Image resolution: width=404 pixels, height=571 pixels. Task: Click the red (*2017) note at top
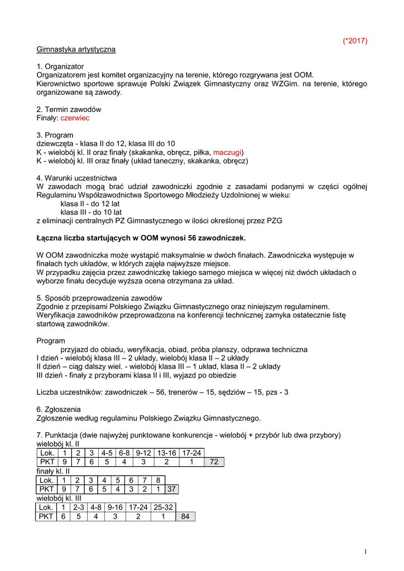[354, 41]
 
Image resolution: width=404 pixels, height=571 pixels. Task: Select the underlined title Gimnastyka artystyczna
[76, 49]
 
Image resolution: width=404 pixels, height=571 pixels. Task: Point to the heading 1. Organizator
[60, 66]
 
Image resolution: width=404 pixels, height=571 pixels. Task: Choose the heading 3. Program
[55, 136]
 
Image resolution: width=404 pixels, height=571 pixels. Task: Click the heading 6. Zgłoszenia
[59, 409]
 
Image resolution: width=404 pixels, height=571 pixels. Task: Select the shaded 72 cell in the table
[214, 462]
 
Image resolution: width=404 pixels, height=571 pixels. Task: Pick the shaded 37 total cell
[172, 489]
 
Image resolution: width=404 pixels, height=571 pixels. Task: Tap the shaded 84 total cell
[185, 516]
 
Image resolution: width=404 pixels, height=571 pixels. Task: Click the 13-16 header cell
[166, 453]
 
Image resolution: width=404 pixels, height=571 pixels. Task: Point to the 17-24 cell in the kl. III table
[137, 507]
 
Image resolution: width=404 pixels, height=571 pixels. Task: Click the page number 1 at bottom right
[365, 552]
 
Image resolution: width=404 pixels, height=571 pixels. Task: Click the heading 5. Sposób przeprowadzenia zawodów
[99, 298]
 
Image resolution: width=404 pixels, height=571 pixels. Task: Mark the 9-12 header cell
[143, 453]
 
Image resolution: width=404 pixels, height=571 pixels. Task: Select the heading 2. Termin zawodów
[69, 109]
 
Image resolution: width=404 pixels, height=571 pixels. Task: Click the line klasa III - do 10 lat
[91, 212]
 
